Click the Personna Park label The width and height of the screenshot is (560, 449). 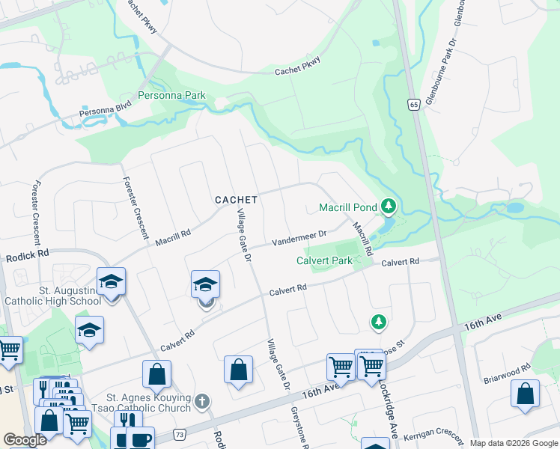pyautogui.click(x=171, y=97)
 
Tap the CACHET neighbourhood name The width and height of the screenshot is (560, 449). pyautogui.click(x=236, y=200)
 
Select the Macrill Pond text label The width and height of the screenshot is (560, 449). pyautogui.click(x=349, y=207)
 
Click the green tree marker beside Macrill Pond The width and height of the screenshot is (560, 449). pyautogui.click(x=388, y=205)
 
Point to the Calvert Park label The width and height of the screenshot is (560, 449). pyautogui.click(x=324, y=261)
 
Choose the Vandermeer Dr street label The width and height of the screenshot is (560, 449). pyautogui.click(x=299, y=237)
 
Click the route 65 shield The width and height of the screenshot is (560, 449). pyautogui.click(x=413, y=105)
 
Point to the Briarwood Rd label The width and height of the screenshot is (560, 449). pyautogui.click(x=508, y=367)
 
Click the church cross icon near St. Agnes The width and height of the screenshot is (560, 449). pyautogui.click(x=201, y=403)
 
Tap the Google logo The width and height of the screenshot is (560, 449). pyautogui.click(x=25, y=439)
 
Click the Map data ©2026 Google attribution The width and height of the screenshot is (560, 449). pyautogui.click(x=514, y=443)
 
